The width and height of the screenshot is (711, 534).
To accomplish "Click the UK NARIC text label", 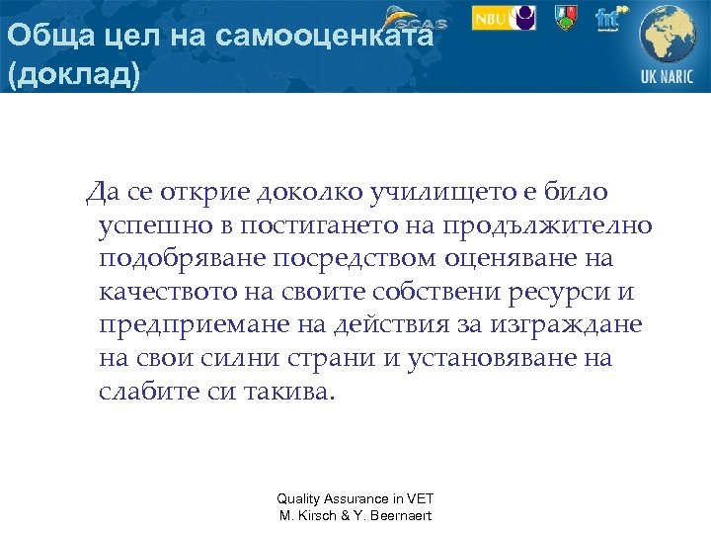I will (x=668, y=77).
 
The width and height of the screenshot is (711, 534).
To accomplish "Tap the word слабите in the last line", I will (x=145, y=392).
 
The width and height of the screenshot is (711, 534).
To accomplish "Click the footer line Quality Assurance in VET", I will (x=355, y=499).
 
